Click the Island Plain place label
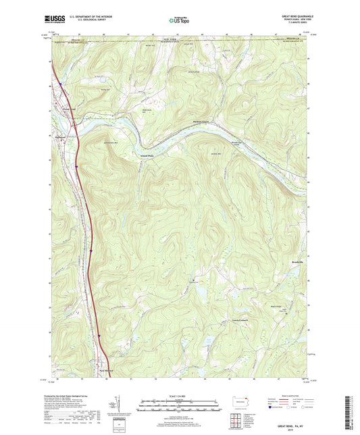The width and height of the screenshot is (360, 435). (x=147, y=157)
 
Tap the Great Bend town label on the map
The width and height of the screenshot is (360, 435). (x=59, y=109)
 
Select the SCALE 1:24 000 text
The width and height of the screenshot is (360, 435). (x=179, y=395)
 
